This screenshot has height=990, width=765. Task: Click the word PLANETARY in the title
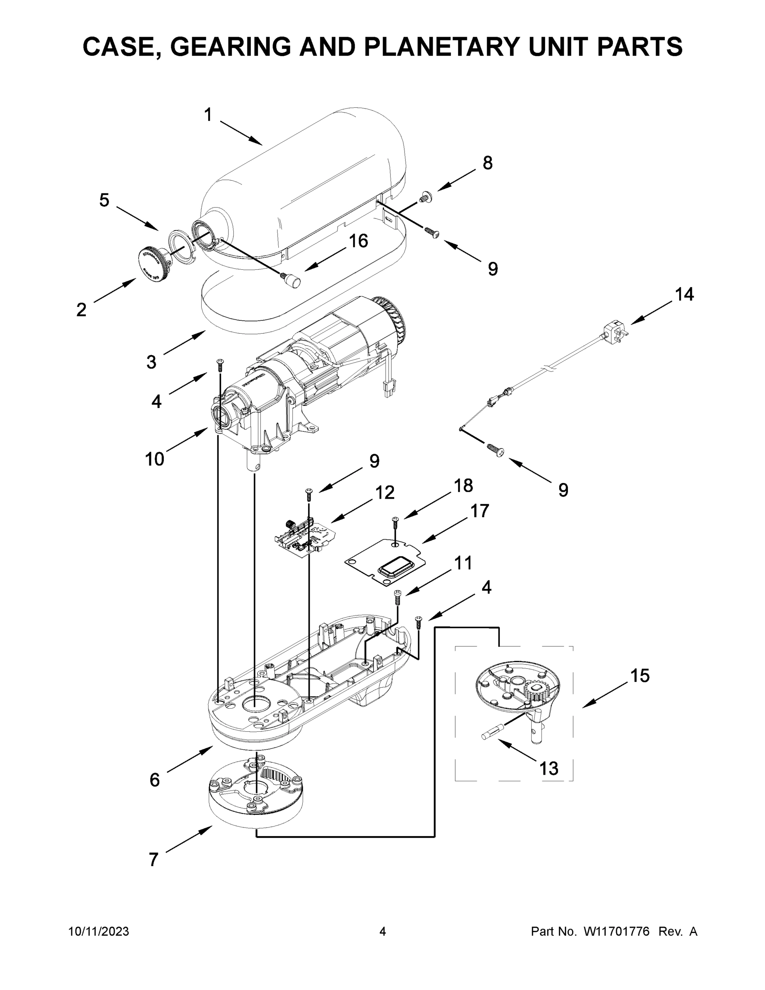coord(445,46)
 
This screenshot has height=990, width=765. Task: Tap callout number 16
coord(358,241)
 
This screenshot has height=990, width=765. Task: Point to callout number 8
coord(487,163)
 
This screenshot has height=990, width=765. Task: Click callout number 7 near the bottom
coord(154,859)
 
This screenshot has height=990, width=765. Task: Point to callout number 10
coord(154,459)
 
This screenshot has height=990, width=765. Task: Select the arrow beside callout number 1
coord(241,132)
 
